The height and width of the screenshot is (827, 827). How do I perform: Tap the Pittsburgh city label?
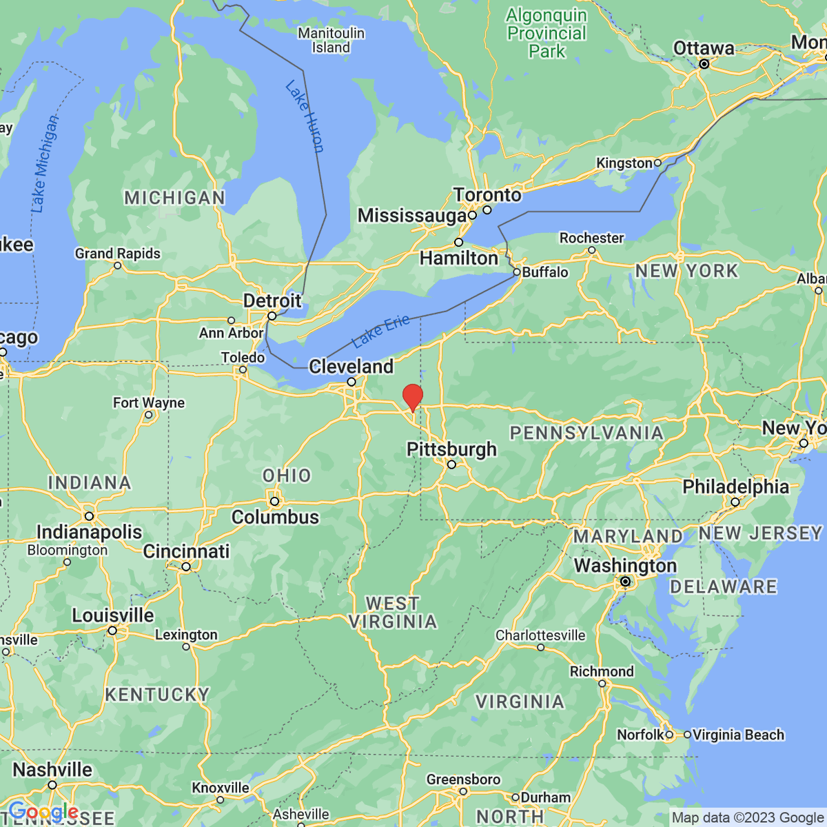451,449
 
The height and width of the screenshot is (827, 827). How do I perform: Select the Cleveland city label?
351,366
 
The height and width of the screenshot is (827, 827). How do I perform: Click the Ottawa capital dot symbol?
704,64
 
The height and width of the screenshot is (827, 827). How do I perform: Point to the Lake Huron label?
305,116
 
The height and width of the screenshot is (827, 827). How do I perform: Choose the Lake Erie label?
380,331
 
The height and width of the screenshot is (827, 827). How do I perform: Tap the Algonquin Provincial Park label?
547,33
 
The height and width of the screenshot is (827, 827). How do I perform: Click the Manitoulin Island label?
331,40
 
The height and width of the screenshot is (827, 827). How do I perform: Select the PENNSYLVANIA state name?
586,433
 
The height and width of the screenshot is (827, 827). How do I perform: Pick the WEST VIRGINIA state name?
392,613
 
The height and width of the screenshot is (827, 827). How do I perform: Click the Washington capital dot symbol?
625,582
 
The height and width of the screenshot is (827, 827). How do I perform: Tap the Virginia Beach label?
738,735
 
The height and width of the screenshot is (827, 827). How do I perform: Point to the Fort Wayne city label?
149,402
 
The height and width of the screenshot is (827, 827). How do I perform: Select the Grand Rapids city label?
118,254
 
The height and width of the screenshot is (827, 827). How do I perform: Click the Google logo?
43,811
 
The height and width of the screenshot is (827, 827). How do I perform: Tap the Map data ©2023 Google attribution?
748,818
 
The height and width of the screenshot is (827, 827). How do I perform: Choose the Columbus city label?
275,517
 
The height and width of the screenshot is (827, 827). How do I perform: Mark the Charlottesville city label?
540,635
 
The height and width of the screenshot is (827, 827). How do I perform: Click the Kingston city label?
624,163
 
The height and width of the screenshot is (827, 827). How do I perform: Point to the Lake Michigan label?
44,164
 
